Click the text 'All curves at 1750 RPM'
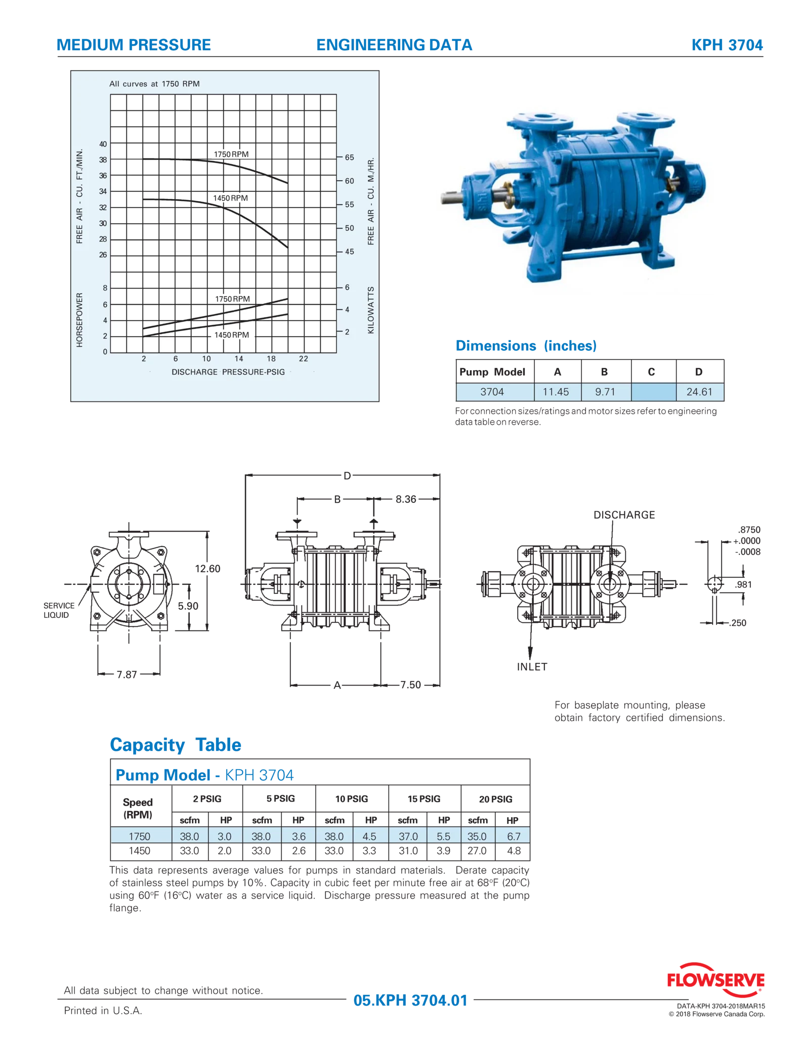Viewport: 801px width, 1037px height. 154,84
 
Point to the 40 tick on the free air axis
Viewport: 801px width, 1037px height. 103,144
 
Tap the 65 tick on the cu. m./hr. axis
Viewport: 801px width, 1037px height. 349,157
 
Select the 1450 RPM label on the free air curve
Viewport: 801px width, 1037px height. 230,198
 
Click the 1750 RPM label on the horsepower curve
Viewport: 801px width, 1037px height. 232,299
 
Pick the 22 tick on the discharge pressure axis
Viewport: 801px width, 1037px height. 303,358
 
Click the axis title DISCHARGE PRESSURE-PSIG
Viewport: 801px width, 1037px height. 228,372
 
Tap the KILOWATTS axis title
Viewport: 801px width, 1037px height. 371,310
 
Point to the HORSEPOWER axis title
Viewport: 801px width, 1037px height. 79,320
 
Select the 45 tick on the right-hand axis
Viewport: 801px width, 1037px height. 349,252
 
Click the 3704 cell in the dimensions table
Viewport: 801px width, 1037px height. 492,391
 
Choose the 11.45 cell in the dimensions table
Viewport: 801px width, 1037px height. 556,391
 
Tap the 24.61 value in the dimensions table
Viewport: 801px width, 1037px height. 699,391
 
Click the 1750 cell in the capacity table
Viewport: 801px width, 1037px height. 139,836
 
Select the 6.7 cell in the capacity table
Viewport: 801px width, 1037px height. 514,836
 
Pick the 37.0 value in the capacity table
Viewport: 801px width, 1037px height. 408,836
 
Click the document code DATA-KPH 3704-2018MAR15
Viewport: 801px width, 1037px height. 721,1007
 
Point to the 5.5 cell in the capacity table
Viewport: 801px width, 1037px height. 443,836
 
